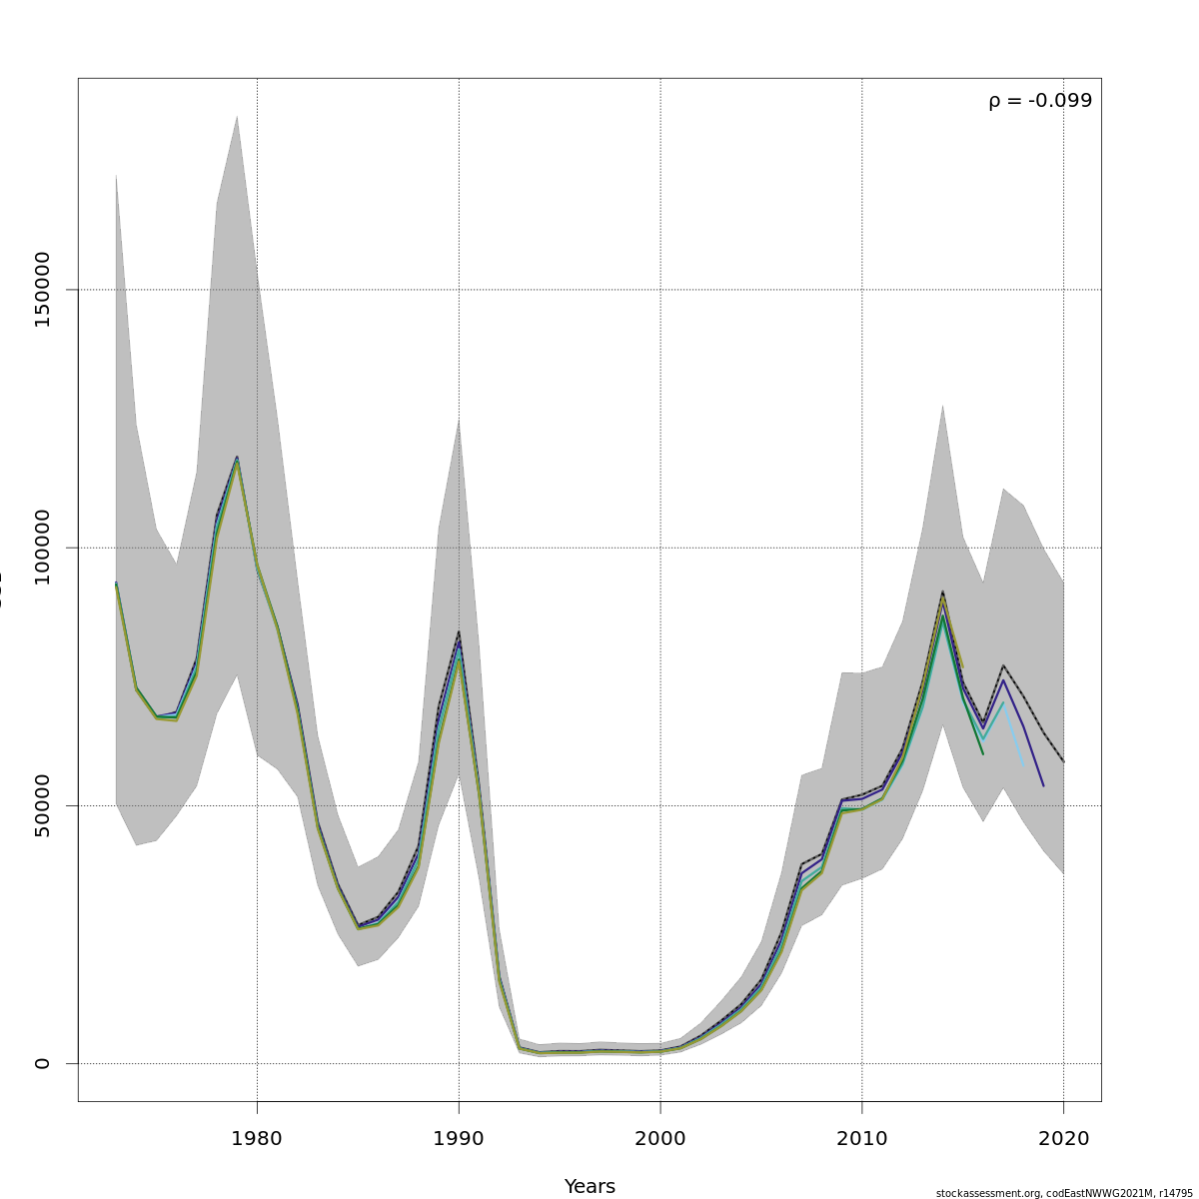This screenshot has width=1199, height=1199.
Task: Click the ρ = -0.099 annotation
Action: tap(1040, 101)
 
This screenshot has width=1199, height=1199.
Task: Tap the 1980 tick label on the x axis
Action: tap(257, 1138)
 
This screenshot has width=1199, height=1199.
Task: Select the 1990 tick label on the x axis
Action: tap(459, 1138)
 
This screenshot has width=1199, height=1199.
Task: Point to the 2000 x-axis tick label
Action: tap(660, 1138)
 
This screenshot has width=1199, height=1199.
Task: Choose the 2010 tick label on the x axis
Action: tap(862, 1138)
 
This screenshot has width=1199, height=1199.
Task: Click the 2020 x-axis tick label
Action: tap(1063, 1138)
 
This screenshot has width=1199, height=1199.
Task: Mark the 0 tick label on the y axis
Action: tap(42, 1063)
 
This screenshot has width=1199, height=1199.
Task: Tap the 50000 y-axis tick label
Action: tap(42, 805)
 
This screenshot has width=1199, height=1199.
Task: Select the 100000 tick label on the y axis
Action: tap(42, 548)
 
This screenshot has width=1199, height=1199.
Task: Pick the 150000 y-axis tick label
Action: tap(42, 290)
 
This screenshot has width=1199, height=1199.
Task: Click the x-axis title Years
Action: tap(590, 1186)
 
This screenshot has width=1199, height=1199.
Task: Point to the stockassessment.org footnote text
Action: tap(1064, 1193)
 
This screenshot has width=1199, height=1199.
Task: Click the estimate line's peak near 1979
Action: tap(237, 458)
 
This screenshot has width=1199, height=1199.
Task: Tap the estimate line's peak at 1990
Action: tap(459, 631)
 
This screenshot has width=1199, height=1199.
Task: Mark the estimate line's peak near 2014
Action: tap(942, 592)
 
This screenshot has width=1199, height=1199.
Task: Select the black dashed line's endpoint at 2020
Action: tap(1063, 761)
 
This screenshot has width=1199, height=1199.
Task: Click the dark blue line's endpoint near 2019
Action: tap(1043, 785)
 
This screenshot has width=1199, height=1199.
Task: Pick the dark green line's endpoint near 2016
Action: tap(982, 753)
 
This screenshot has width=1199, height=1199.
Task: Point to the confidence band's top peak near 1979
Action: tap(237, 116)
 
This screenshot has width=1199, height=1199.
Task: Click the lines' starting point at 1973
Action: tap(116, 584)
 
